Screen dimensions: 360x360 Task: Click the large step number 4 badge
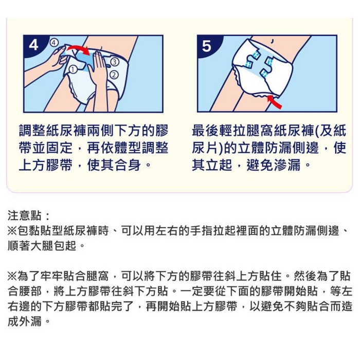pos(33,45)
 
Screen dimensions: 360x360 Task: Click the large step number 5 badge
pos(207,46)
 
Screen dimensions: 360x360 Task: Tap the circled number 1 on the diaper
pos(73,69)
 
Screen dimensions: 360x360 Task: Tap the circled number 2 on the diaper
pos(114,75)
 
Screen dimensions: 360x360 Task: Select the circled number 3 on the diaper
pos(115,62)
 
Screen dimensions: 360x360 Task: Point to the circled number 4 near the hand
pos(53,43)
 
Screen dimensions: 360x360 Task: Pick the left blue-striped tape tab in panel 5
pos(251,60)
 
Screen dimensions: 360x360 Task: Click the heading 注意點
pos(25,215)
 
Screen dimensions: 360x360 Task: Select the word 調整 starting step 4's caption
pos(32,131)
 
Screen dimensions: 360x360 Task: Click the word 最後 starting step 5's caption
pos(206,131)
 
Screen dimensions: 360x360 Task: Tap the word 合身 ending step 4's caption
pos(128,165)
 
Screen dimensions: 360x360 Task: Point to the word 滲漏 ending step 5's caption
pos(287,165)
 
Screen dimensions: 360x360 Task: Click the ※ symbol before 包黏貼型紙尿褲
pos(12,231)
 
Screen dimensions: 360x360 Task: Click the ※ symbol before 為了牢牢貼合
pos(12,276)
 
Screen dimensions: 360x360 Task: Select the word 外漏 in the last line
pos(30,321)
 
